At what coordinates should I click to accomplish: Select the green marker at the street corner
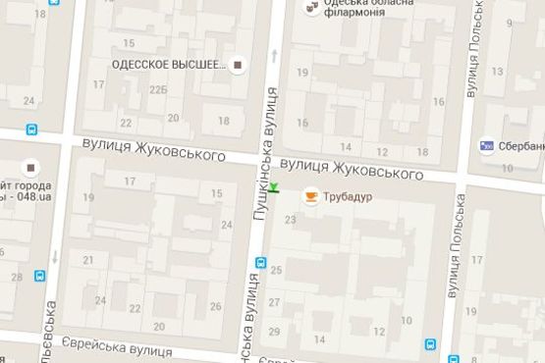[x=276, y=188]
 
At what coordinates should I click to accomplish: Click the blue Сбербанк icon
[x=486, y=146]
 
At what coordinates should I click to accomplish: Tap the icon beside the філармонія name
[x=311, y=9]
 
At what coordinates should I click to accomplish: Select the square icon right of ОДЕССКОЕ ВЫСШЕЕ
[x=238, y=66]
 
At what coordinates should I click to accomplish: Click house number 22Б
[x=158, y=89]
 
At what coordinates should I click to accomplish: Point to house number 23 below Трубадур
[x=290, y=220]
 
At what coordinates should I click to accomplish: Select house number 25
[x=276, y=269]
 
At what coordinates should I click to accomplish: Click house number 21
[x=87, y=260]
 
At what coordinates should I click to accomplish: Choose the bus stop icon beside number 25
[x=260, y=263]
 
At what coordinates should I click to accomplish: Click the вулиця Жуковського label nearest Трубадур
[x=351, y=169]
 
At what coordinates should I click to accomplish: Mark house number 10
[x=406, y=321]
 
